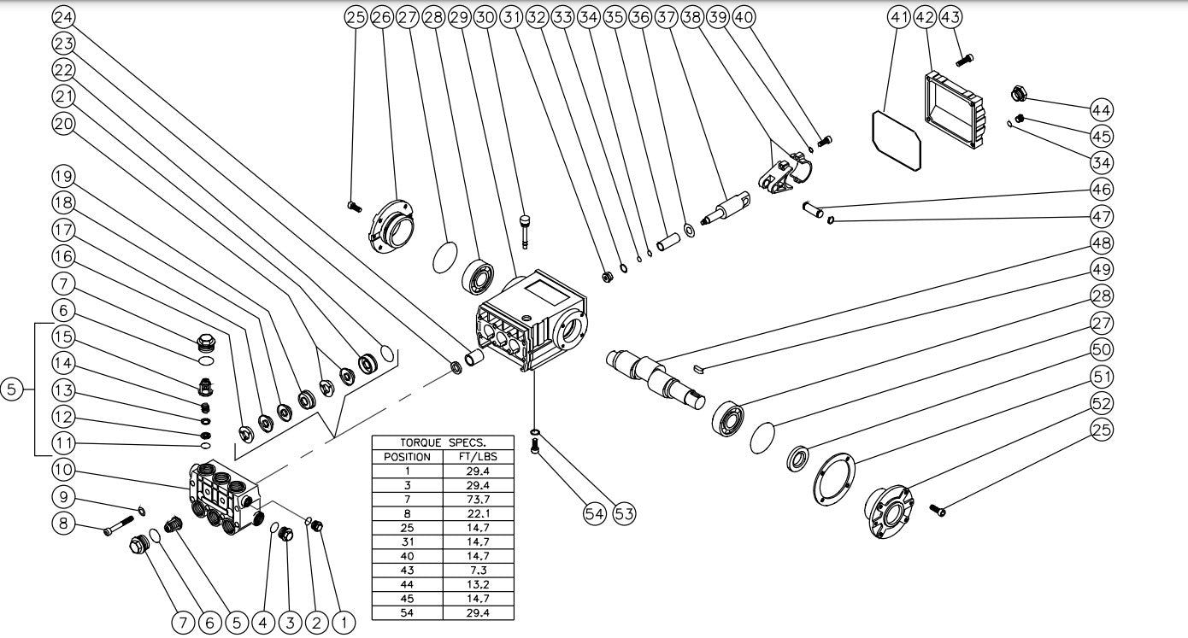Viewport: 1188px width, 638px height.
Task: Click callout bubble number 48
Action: click(x=1103, y=243)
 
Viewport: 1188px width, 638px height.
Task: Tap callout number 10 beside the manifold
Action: click(x=63, y=469)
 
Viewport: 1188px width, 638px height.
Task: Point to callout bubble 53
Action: click(x=624, y=513)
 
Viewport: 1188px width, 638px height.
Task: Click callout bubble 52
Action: click(x=1103, y=403)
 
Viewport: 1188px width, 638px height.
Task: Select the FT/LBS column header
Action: click(x=478, y=457)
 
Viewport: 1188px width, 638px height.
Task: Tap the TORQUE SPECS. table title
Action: click(x=443, y=443)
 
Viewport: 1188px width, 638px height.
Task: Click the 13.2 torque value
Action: click(x=478, y=574)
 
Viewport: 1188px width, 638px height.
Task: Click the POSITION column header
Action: click(x=407, y=457)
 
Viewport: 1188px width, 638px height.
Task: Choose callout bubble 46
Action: click(x=1103, y=189)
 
